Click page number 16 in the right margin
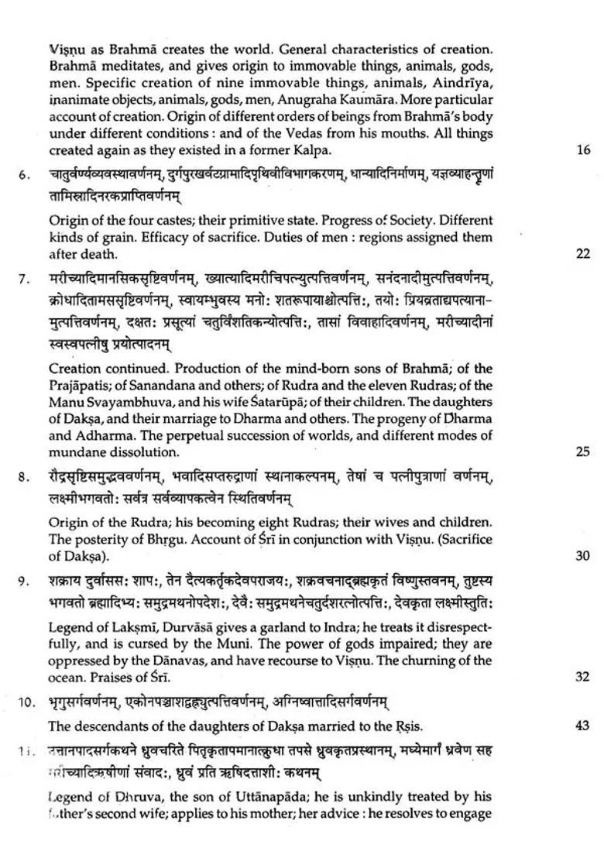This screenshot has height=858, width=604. tap(583, 151)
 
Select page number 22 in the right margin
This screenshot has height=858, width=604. tap(583, 254)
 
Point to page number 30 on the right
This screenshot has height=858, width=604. tap(583, 556)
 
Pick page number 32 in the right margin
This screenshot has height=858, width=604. tap(583, 677)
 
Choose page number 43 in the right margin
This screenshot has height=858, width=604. tap(583, 726)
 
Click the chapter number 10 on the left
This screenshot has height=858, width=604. tap(26, 702)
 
